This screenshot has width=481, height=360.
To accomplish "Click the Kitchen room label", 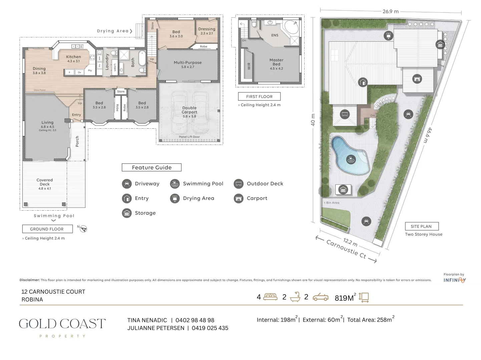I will click(73, 57).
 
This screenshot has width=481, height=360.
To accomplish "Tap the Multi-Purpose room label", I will click(187, 63).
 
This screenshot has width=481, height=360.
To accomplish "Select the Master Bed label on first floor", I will click(276, 62).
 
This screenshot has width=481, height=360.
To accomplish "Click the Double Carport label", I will click(189, 110).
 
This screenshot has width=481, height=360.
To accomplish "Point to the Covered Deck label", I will click(45, 182).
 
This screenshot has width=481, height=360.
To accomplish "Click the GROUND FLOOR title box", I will click(47, 229).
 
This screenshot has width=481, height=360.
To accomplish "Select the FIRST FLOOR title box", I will click(259, 97).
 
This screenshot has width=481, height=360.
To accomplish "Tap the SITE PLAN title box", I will click(421, 226).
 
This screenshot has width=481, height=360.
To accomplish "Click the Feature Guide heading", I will click(151, 168).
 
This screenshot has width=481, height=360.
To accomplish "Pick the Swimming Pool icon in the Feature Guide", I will click(175, 184).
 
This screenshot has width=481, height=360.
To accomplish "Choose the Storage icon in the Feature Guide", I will click(127, 213).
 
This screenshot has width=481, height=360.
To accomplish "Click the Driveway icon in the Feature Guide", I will click(127, 184).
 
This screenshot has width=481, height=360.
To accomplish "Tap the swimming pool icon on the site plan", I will click(350, 159).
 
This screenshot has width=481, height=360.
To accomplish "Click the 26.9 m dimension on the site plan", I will click(390, 11).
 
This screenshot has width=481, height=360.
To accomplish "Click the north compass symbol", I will click(83, 229).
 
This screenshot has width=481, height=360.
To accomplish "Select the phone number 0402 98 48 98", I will click(195, 320).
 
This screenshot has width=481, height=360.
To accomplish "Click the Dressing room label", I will click(207, 29).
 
